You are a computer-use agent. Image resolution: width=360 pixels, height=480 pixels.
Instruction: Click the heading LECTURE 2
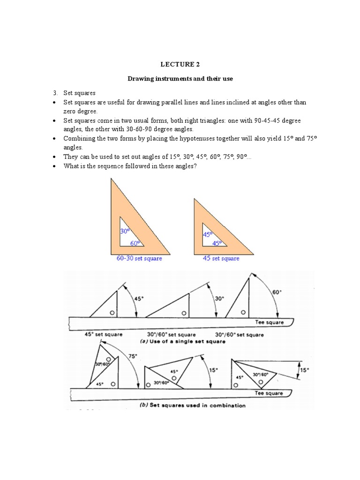[x=180, y=65]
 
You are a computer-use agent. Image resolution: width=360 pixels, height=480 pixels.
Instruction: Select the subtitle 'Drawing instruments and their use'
[x=180, y=79]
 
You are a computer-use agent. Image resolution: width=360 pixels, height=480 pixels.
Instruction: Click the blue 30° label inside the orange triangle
[x=125, y=231]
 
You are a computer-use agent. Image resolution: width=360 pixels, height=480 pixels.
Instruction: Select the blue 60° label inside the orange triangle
[x=135, y=243]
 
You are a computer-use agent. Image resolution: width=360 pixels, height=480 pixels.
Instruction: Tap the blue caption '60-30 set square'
[x=139, y=258]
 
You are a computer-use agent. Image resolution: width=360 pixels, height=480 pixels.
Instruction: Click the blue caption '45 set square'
[x=221, y=258]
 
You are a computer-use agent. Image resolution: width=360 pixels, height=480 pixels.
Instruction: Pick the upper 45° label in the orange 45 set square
[x=208, y=234]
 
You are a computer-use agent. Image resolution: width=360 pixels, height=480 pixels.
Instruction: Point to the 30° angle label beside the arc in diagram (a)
[x=219, y=298]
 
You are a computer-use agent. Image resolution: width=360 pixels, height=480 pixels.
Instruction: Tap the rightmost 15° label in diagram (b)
[x=304, y=369]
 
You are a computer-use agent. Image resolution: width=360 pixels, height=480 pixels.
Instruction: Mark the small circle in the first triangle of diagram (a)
[x=112, y=313]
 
